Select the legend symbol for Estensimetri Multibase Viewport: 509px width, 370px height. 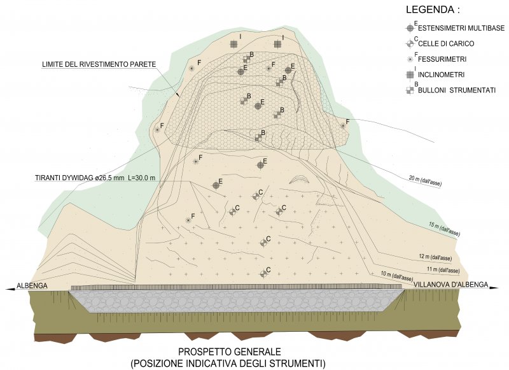click(x=410, y=29)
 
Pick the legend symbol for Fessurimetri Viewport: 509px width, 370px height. click(x=410, y=60)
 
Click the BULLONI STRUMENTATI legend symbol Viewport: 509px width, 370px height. click(x=410, y=90)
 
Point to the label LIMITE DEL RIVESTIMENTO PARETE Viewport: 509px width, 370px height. click(x=99, y=64)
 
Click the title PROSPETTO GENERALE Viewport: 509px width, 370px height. click(x=229, y=352)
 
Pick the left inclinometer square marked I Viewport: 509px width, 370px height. click(x=234, y=43)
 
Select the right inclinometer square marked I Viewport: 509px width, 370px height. click(x=277, y=43)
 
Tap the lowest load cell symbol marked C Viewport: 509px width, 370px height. click(x=263, y=274)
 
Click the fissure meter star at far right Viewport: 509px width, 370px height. click(x=343, y=126)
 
